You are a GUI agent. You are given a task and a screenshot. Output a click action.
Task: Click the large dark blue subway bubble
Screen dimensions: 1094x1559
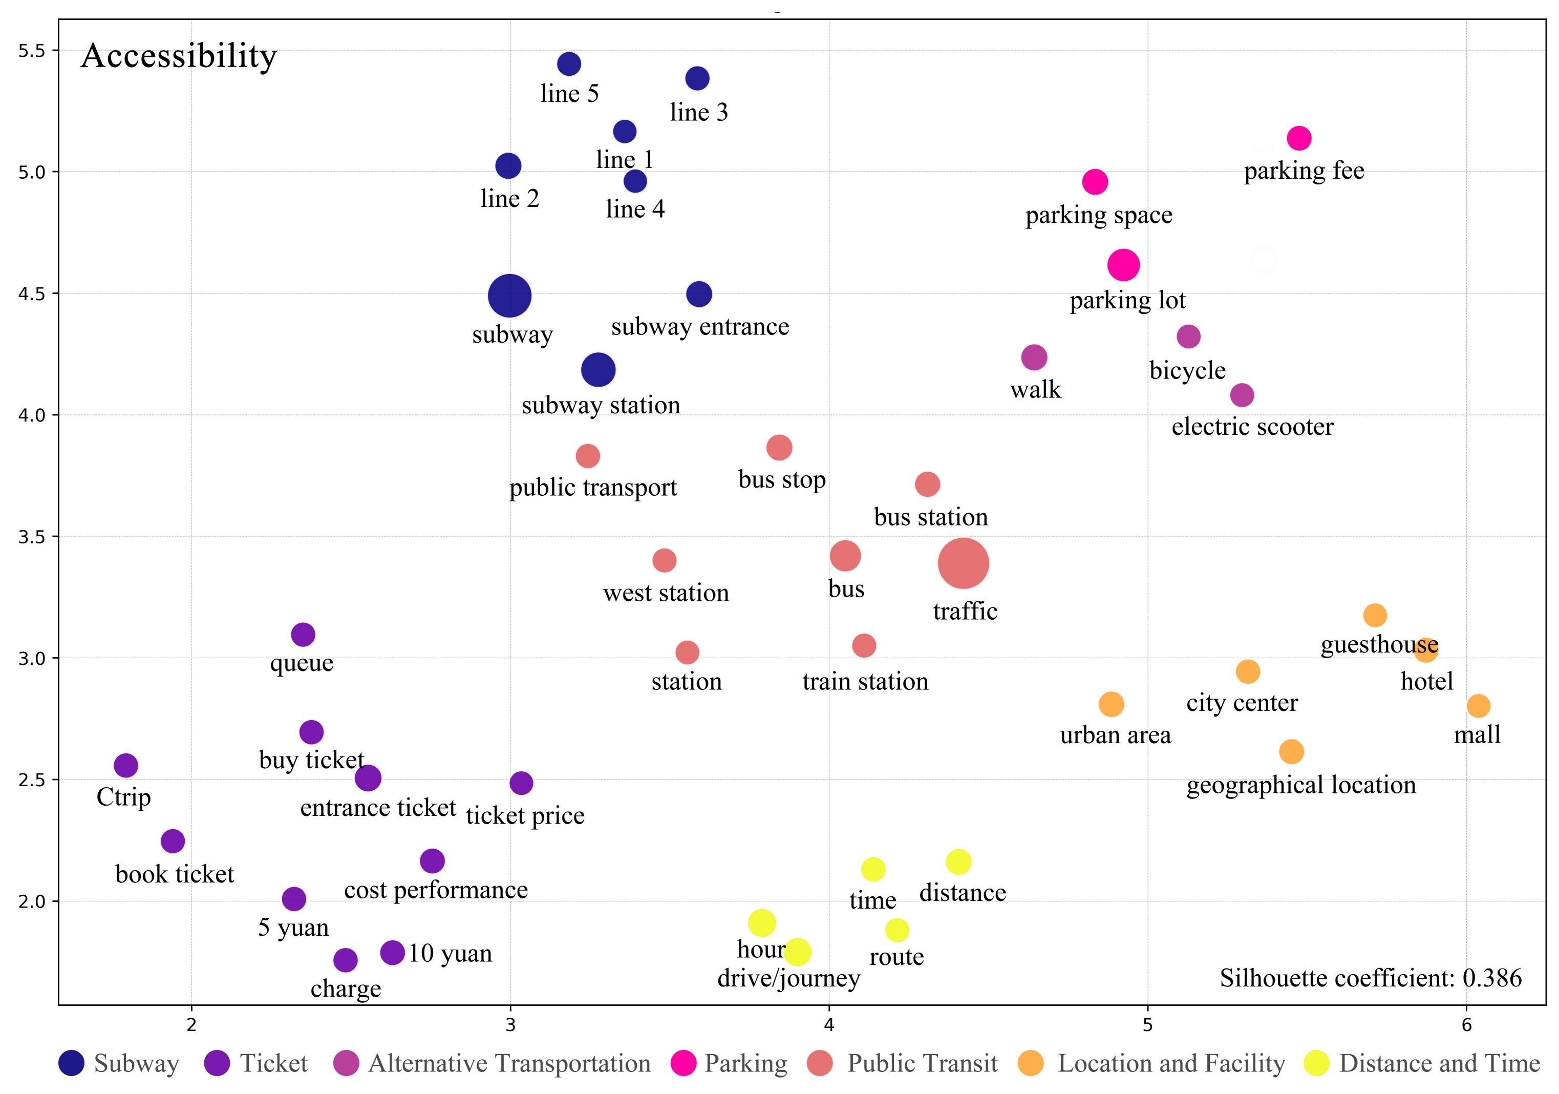509,296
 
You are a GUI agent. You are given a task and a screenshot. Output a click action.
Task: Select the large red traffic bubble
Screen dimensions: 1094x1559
963,563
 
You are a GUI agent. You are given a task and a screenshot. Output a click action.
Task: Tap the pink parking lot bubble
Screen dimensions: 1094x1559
1123,264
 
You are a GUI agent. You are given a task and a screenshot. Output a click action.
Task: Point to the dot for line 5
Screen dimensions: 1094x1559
569,64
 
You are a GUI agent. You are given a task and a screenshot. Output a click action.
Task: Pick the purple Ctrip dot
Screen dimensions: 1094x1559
125,765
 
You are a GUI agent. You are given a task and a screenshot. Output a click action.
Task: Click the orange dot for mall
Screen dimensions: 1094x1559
1478,706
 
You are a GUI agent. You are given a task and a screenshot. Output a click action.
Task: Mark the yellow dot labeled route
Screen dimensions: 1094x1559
897,930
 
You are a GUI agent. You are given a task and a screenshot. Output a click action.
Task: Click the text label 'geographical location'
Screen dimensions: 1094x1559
1301,785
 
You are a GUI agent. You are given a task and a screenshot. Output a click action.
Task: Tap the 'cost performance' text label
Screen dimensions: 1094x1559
436,890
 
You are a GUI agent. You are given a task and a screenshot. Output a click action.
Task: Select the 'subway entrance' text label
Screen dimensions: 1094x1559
700,327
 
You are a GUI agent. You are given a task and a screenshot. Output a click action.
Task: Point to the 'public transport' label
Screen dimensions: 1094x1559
593,488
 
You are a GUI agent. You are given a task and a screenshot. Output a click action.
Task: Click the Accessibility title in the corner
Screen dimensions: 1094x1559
179,56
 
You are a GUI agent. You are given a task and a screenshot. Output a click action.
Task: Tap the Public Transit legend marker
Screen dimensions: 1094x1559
820,1063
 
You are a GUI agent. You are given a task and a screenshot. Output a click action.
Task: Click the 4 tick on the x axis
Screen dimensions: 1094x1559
829,1025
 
